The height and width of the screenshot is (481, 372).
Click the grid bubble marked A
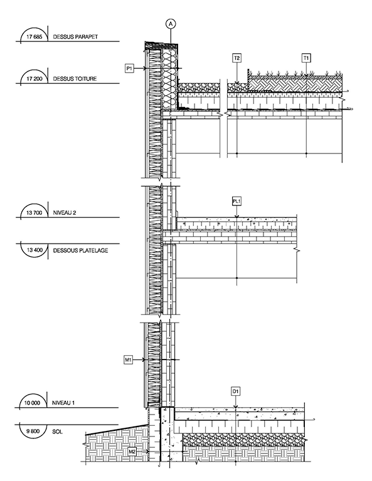171,23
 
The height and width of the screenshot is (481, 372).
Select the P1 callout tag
130,68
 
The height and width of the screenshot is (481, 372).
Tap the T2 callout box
236,58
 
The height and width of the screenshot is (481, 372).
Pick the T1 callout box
306,58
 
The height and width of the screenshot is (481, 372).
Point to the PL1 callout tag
236,201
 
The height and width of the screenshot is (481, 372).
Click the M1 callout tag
128,359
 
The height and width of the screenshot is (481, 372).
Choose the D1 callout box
235,391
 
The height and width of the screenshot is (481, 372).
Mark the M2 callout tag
132,451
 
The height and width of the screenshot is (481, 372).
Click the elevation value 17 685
34,37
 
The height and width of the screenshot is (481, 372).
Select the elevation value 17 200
35,79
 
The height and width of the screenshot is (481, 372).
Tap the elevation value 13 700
35,212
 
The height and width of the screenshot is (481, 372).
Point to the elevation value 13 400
35,250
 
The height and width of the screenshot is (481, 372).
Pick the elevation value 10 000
32,403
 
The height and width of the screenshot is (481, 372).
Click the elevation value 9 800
33,431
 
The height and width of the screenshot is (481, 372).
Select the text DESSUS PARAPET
75,37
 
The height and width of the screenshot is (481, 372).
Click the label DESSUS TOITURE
75,79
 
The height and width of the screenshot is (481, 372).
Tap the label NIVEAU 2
65,212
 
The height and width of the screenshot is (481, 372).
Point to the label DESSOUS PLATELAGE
80,251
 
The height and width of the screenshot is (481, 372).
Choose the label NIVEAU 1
63,403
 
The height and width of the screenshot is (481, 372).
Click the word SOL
58,432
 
